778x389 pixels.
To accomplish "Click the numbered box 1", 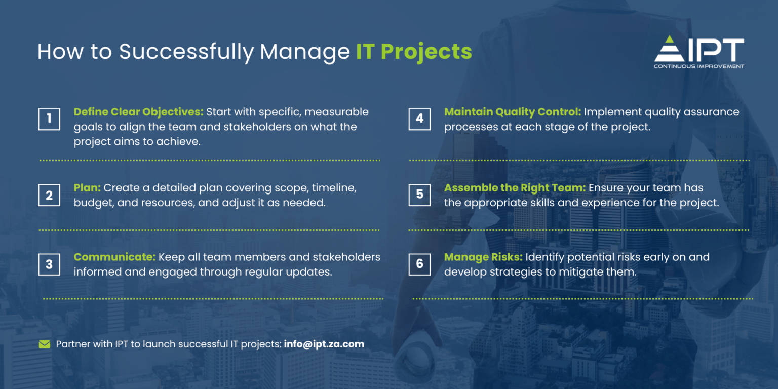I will click(x=49, y=119).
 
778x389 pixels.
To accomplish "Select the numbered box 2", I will click(x=49, y=195).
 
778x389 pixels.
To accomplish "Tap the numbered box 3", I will click(x=49, y=264).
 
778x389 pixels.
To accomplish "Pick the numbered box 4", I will click(x=419, y=119).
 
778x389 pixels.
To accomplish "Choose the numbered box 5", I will click(x=419, y=195).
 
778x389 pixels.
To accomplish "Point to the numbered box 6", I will click(x=419, y=264).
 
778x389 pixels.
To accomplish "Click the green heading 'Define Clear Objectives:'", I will click(x=138, y=112).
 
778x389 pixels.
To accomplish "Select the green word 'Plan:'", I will click(x=87, y=188).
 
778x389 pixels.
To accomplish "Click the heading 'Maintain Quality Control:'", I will click(x=513, y=112).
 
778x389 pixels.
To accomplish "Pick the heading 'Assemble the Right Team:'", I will click(x=515, y=188).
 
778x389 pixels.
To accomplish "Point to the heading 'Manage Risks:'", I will click(x=483, y=257).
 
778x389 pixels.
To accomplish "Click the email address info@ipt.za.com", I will click(x=324, y=344).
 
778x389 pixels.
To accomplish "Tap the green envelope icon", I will click(x=45, y=345).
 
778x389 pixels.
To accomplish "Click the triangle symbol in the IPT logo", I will click(x=669, y=50).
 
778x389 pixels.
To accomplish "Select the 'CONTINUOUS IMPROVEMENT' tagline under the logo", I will click(x=699, y=66).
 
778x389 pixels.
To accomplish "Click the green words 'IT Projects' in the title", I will click(x=414, y=52).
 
